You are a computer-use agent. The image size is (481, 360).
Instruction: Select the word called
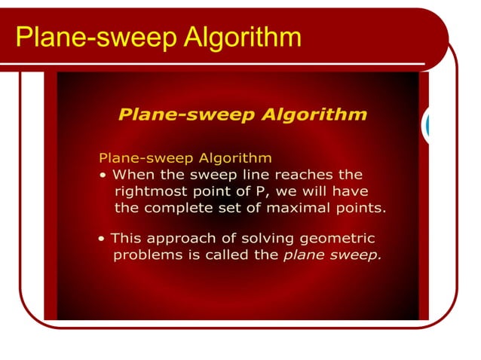227,255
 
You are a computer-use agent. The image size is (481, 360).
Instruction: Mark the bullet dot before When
103,175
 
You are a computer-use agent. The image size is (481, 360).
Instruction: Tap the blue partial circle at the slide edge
427,127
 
